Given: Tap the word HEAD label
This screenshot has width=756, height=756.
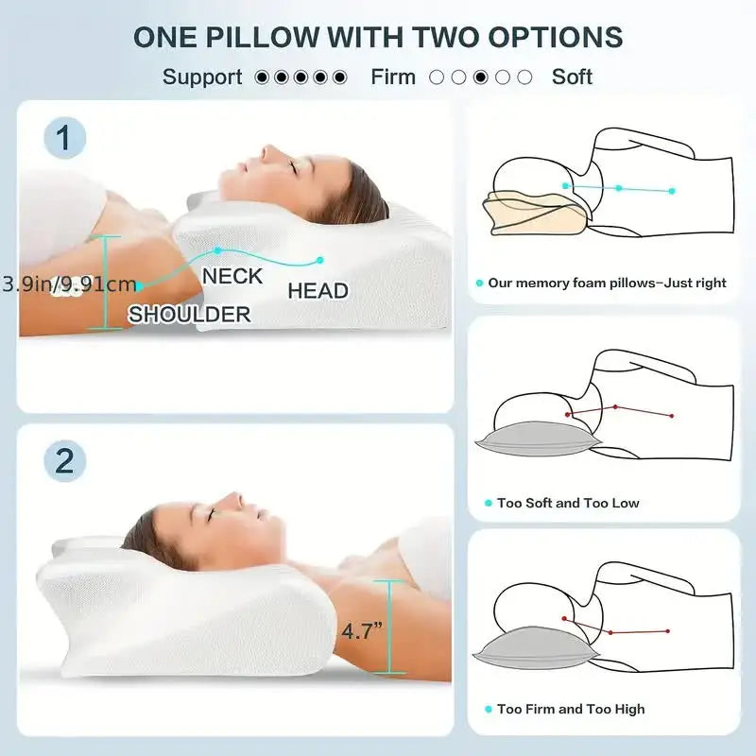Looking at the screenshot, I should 318,291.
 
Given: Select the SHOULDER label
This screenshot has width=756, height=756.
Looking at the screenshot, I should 189,314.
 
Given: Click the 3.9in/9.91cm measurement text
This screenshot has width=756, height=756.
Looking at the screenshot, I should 68,283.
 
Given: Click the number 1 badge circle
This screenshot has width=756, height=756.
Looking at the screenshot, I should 64,139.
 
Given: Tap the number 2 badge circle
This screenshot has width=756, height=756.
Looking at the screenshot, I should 64,461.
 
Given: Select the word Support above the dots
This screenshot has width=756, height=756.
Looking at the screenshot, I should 202,77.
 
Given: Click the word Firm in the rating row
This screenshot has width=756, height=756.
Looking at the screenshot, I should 393,77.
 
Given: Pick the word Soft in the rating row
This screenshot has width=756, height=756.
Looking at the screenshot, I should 572,77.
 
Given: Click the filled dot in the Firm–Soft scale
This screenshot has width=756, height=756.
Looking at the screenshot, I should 481,77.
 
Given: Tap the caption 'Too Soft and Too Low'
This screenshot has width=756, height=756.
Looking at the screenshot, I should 568,503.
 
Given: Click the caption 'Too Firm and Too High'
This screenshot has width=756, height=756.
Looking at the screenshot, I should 571,709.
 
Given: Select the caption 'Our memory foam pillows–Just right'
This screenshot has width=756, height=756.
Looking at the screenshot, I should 607,283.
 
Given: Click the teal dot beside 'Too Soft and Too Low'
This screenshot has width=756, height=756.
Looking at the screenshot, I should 488,504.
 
